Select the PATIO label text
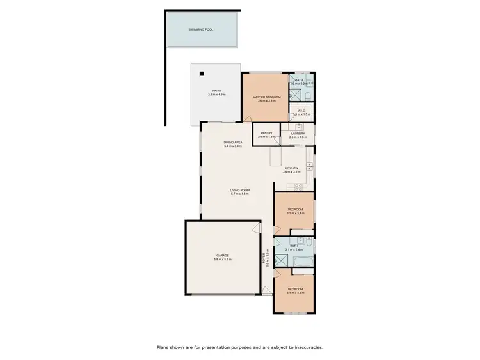coord(216,91)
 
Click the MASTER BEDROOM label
coord(266,97)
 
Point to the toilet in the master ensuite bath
coord(307,96)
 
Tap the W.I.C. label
coord(301,110)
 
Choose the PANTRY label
coord(267,133)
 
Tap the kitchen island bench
coord(275,155)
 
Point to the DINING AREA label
coord(232,142)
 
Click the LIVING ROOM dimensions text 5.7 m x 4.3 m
coord(240,194)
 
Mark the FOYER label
coord(264,260)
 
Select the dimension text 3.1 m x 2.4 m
coord(295,249)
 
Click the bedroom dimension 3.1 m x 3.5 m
coord(295,293)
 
